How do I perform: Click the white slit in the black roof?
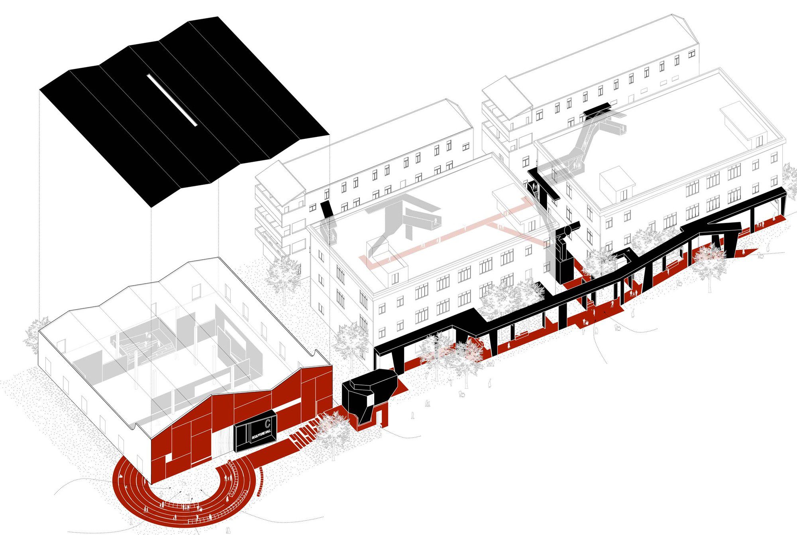coord(172,100)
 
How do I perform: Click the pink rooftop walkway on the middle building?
coord(446,235)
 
